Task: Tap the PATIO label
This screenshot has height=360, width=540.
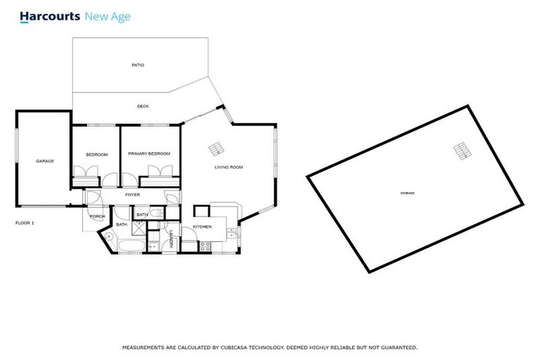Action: (138, 65)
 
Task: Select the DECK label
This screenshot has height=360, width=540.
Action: (143, 106)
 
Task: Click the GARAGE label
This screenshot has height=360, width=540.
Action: (45, 161)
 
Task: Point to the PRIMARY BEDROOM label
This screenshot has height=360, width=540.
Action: (149, 153)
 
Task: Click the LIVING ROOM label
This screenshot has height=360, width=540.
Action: (229, 167)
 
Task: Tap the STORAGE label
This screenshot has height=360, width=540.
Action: (407, 193)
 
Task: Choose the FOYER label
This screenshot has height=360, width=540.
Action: (133, 195)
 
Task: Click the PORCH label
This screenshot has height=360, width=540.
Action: (97, 217)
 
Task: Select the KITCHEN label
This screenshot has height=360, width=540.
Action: (202, 227)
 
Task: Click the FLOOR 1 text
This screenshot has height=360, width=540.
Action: (25, 223)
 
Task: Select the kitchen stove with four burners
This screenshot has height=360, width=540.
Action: (206, 246)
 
